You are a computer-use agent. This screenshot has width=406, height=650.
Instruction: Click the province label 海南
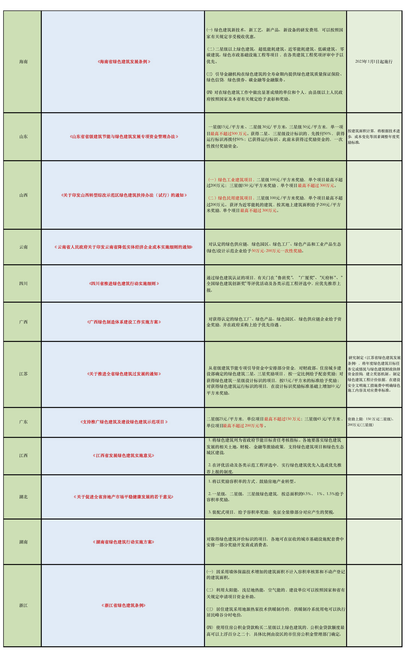point(23,62)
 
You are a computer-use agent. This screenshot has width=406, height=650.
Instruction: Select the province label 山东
point(23,136)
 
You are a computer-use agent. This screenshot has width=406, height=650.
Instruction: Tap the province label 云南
point(23,247)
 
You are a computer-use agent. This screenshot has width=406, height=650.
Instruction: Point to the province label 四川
point(23,283)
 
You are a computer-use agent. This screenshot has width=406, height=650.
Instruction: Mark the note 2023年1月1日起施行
point(374,62)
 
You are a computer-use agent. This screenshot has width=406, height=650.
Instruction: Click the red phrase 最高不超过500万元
point(228,134)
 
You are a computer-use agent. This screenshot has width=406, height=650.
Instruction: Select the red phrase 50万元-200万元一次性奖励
point(277,251)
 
